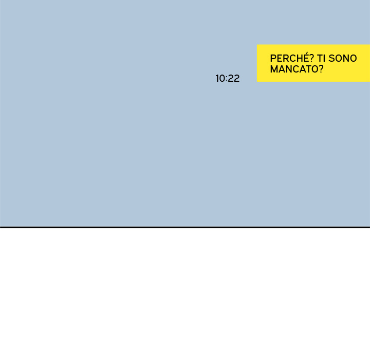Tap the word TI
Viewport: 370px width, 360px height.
[321, 58]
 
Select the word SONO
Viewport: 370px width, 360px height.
[343, 58]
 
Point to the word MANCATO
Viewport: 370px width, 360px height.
[294, 69]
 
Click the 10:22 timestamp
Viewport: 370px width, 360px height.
[228, 78]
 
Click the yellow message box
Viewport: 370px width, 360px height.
[313, 63]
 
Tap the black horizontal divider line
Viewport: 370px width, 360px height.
[185, 227]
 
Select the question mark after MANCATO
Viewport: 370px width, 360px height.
[321, 69]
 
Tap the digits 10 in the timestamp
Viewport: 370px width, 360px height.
[220, 78]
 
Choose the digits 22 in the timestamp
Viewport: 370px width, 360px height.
[234, 78]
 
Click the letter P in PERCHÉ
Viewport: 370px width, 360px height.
[273, 58]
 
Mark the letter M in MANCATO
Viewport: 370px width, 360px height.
[274, 69]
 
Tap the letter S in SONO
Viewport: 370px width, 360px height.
[332, 58]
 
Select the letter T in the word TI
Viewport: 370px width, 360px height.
[319, 58]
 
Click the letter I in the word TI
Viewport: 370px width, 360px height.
[324, 58]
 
